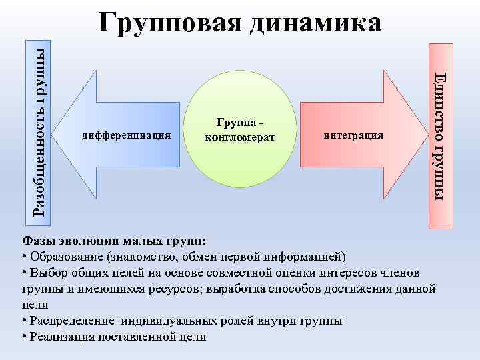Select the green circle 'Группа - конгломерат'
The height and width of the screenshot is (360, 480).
[237, 137]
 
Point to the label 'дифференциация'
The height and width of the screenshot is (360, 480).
[126, 135]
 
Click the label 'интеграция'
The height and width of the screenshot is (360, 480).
[353, 135]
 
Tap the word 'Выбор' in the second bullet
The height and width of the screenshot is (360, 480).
[47, 273]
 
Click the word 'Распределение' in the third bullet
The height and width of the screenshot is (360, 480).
[71, 321]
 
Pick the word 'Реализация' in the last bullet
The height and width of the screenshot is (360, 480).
[62, 337]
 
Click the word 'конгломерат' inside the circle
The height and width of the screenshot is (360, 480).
[238, 137]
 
